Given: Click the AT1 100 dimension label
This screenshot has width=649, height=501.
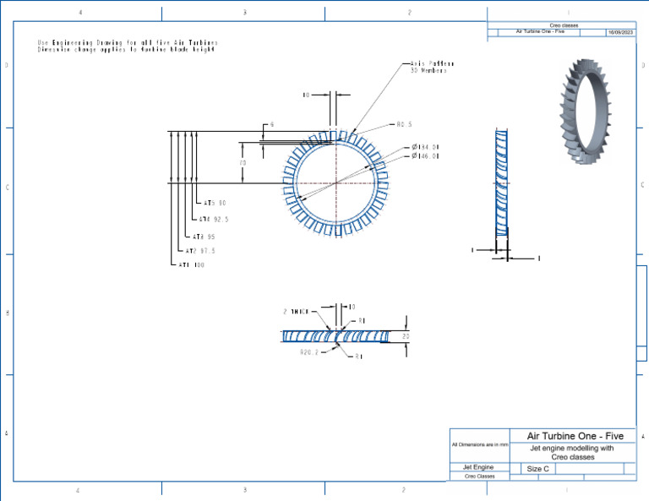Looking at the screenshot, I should [191, 265].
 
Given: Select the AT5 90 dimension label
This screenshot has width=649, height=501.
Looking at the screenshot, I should [215, 204].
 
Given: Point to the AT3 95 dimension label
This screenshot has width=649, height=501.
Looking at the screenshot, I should [204, 237].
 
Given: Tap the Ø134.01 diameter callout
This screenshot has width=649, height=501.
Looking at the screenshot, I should [425, 147].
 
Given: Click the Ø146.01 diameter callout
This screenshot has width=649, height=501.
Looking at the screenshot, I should [425, 156].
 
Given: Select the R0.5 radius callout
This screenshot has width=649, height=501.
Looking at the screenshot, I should [404, 124].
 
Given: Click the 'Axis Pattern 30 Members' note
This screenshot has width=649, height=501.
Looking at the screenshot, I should [432, 68].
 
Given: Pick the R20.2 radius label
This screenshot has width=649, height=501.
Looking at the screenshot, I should [308, 353].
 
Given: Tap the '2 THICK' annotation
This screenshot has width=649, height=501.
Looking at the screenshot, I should [297, 311].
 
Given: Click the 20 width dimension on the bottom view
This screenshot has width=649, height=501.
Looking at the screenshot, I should [406, 335].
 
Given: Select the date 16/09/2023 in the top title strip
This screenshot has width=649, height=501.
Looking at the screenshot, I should [620, 32].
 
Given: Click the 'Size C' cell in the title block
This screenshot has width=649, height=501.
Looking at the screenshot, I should [538, 468].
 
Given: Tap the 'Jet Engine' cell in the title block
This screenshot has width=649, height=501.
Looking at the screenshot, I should [478, 467].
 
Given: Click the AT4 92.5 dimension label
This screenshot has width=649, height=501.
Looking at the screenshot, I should [214, 220].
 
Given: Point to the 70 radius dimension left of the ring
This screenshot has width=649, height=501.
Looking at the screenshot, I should [243, 162].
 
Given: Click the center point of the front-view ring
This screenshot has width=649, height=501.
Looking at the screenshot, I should [337, 182].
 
